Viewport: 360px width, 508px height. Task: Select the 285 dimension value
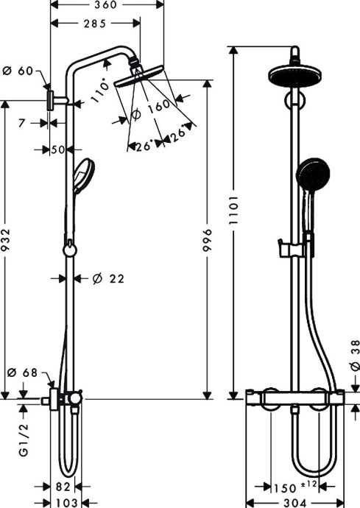click(x=95, y=23)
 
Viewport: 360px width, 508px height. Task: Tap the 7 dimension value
click(x=22, y=123)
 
